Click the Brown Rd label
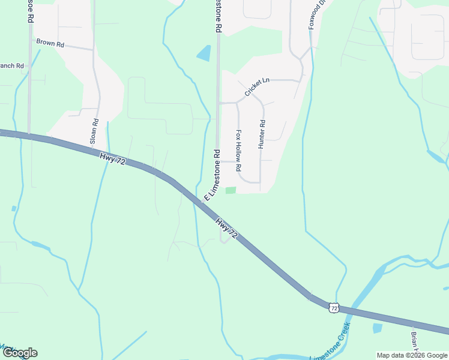click(50, 43)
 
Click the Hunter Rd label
click(262, 134)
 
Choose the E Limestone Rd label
click(213, 175)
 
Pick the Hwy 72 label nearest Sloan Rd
click(112, 159)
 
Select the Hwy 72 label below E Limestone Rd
click(227, 229)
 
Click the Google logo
click(19, 353)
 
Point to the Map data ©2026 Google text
click(412, 355)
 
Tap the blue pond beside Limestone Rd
click(204, 53)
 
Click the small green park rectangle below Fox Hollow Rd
click(231, 191)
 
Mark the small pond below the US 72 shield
click(377, 328)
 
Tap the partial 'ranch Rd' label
click(12, 65)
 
